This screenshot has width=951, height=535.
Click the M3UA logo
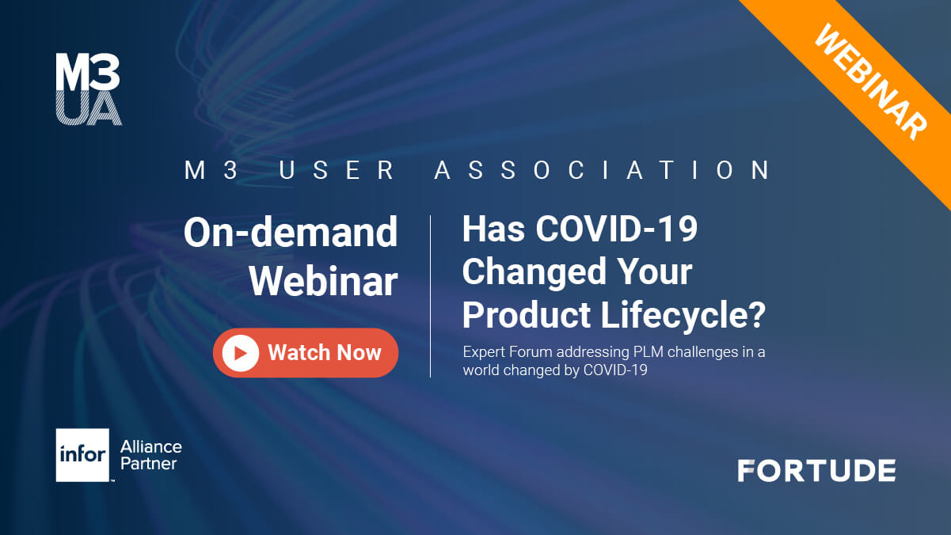pos(89,89)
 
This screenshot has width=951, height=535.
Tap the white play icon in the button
pos(240,353)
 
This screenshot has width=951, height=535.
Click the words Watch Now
pos(325,352)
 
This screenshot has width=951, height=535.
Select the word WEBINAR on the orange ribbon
pos(871,82)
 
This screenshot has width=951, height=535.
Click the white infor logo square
pos(83,455)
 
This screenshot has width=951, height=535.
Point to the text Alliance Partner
pos(150,455)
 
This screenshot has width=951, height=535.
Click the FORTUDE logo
pos(817,471)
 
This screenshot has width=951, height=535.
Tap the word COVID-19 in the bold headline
pos(617,229)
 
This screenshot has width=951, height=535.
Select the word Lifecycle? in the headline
pos(683,315)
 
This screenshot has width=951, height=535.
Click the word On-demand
pos(291,232)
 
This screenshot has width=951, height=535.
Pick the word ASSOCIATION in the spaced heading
pos(603,170)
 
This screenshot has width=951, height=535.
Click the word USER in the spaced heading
pos(337,170)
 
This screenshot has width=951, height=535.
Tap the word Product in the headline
pos(527,315)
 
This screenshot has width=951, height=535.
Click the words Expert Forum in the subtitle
pos(508,351)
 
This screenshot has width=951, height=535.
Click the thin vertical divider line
pos(431,296)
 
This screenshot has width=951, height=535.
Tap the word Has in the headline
pos(493,229)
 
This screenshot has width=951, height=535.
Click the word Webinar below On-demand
pos(324,281)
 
